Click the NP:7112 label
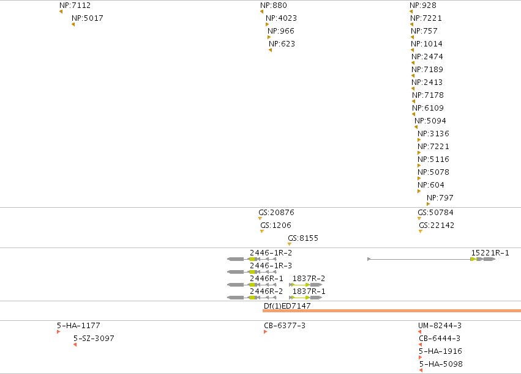click(75, 5)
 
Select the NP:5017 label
click(88, 18)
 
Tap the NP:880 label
click(274, 5)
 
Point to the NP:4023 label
click(281, 18)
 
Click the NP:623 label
click(282, 44)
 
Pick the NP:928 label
click(423, 5)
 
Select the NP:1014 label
click(427, 44)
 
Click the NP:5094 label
click(430, 120)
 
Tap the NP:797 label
click(440, 198)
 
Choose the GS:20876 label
click(277, 213)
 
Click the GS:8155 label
click(303, 238)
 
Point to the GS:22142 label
click(437, 226)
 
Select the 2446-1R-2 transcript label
click(271, 253)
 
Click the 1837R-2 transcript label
click(309, 279)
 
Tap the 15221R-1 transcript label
click(490, 253)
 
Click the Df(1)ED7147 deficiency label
click(287, 306)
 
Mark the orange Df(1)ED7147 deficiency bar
click(392, 310)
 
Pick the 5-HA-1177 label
click(78, 326)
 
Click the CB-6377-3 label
click(285, 326)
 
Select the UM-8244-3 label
click(440, 326)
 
